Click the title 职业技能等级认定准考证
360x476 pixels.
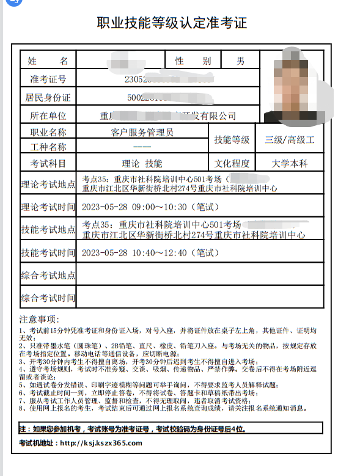coord(172,24)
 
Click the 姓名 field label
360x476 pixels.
coord(48,60)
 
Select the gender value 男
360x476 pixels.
coord(240,60)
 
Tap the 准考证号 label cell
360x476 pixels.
coord(48,79)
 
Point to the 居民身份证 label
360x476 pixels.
coord(48,97)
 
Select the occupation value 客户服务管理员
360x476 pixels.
coord(142,132)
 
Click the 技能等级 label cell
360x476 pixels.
coord(232,140)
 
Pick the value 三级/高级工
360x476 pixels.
coord(290,140)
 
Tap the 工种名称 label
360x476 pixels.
coord(48,147)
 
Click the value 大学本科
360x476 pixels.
coord(290,164)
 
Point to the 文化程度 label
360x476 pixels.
coord(232,164)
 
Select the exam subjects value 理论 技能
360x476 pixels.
coord(142,164)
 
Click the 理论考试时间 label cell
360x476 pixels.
coord(48,207)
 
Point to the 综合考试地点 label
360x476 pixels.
coord(48,275)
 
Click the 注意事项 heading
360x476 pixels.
coord(39,319)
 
